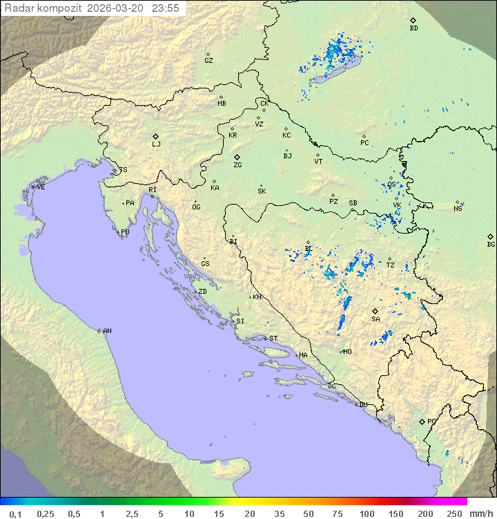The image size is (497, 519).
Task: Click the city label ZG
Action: pyautogui.click(x=237, y=165)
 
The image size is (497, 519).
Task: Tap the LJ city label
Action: pyautogui.click(x=156, y=144)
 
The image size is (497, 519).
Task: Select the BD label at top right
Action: pyautogui.click(x=413, y=28)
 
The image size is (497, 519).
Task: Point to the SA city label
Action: pyautogui.click(x=376, y=319)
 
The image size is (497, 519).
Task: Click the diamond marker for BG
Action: pyautogui.click(x=491, y=236)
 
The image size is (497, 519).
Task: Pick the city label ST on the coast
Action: pyautogui.click(x=273, y=339)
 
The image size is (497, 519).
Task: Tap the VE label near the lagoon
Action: pyautogui.click(x=41, y=187)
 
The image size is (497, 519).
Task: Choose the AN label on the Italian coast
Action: pyautogui.click(x=107, y=331)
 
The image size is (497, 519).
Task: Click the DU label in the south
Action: pyautogui.click(x=362, y=405)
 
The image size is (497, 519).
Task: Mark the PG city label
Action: pyautogui.click(x=431, y=421)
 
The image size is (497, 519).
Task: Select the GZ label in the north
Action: pyautogui.click(x=208, y=61)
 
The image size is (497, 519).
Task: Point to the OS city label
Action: pyautogui.click(x=391, y=185)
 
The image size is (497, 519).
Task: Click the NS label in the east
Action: pyautogui.click(x=458, y=209)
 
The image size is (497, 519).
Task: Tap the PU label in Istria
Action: pyautogui.click(x=125, y=232)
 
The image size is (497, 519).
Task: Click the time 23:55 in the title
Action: pyautogui.click(x=165, y=8)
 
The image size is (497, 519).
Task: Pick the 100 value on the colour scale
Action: pyautogui.click(x=367, y=513)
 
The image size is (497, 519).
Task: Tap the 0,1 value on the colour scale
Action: pyautogui.click(x=15, y=513)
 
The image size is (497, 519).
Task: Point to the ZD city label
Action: pyautogui.click(x=202, y=292)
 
